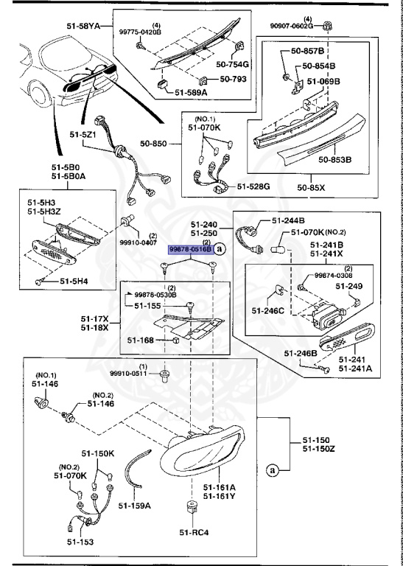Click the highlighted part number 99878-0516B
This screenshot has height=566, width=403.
(x=191, y=249)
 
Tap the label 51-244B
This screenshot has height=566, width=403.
(x=288, y=220)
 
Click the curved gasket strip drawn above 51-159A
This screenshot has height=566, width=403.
(x=135, y=469)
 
